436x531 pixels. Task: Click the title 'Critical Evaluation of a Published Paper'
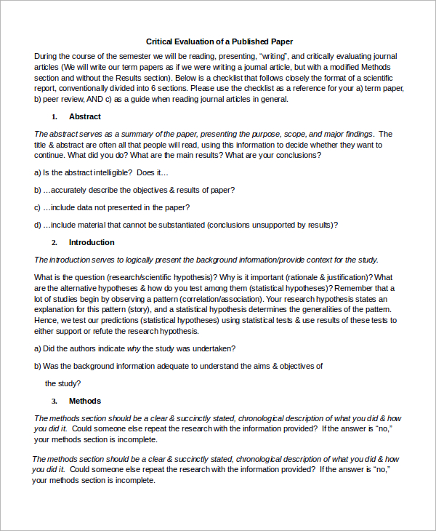pos(219,41)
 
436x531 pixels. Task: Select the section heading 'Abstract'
pos(84,116)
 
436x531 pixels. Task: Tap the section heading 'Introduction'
pos(91,242)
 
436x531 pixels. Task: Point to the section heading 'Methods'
pos(84,401)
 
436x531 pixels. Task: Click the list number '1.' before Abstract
pos(54,117)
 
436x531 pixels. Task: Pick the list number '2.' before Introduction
pos(54,243)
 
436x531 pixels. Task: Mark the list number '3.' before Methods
pos(54,402)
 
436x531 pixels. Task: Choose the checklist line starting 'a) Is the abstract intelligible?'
pos(101,172)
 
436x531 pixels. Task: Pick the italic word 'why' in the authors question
pos(133,348)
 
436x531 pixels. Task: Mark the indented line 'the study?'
pos(62,383)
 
